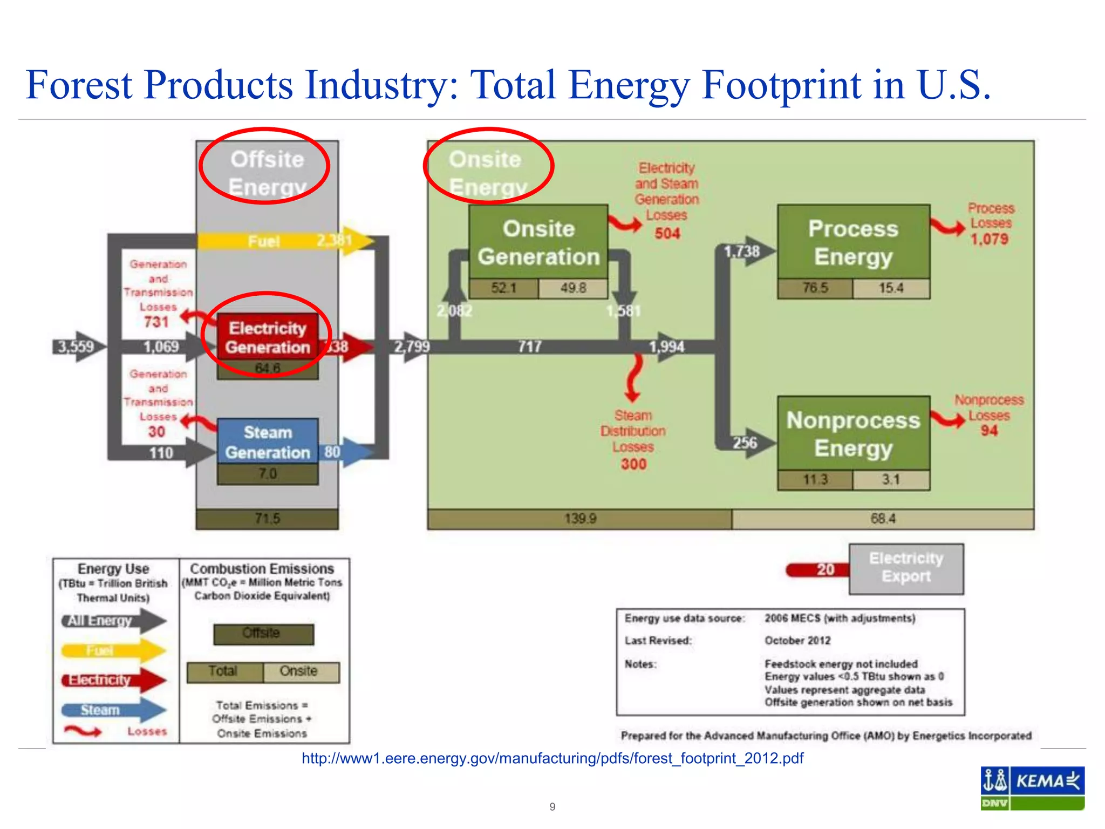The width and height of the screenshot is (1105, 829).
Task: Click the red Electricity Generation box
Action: tap(268, 337)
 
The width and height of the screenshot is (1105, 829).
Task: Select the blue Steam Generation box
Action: tap(268, 441)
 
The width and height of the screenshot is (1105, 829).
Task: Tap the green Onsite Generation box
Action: tap(538, 242)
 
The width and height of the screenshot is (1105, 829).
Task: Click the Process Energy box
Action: tap(854, 242)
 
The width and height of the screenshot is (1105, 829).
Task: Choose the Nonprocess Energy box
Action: tap(854, 433)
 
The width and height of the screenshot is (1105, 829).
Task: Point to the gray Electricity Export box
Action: tap(906, 569)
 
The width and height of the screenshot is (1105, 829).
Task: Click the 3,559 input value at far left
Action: tap(76, 346)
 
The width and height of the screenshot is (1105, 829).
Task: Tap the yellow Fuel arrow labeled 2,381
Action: tap(286, 241)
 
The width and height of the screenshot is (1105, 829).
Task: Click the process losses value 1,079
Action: tap(990, 239)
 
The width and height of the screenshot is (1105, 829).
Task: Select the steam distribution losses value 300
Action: tap(633, 464)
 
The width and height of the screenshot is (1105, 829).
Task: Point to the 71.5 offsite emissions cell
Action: tap(267, 519)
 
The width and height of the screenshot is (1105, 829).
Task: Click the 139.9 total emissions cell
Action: tap(580, 519)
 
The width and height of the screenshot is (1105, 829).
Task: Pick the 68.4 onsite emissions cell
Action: tap(883, 519)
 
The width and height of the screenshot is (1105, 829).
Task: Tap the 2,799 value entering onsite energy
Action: tap(412, 346)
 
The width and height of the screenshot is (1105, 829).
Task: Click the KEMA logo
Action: tap(1032, 788)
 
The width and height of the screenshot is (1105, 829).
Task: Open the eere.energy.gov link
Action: tap(552, 758)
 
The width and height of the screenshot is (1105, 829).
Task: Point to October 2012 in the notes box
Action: tap(797, 641)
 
